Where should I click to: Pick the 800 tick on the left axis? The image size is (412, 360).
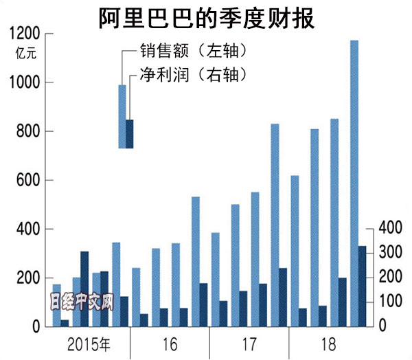(x=26, y=131)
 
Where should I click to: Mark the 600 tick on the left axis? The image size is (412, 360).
(x=26, y=180)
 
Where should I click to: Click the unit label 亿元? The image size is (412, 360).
(x=23, y=52)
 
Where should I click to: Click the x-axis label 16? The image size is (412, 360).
(x=170, y=341)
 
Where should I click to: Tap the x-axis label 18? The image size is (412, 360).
(x=328, y=341)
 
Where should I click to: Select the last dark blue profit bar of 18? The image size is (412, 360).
(x=363, y=286)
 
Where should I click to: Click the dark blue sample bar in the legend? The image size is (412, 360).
(x=129, y=133)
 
